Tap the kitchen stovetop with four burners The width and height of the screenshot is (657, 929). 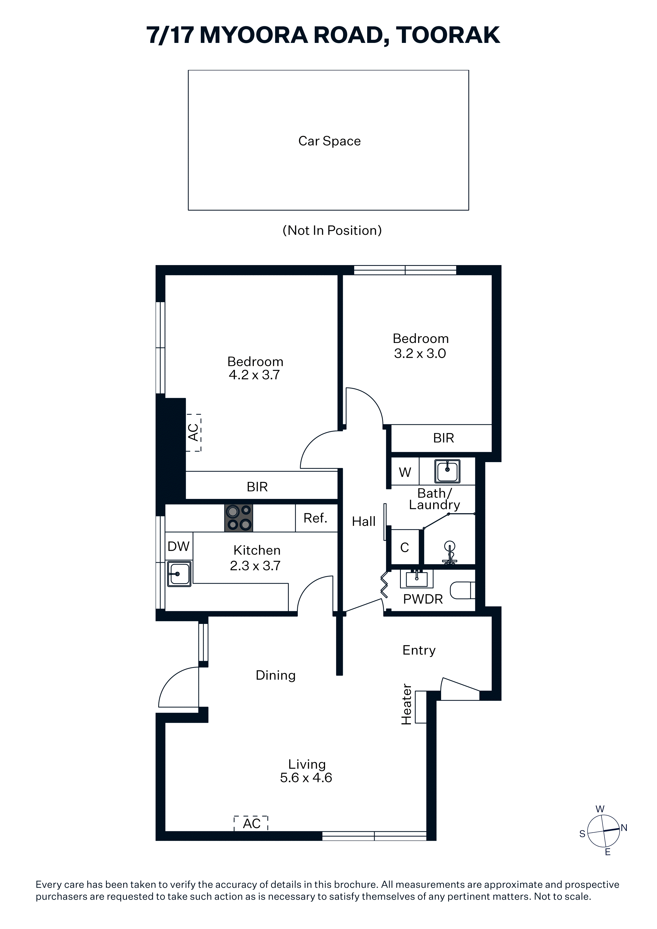(x=239, y=518)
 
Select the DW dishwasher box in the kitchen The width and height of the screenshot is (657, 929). (x=179, y=546)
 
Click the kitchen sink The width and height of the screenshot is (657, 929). (x=179, y=574)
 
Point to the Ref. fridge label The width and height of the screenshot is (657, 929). (x=315, y=518)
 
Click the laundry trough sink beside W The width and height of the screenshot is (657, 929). (x=447, y=471)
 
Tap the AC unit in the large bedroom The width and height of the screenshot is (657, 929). (x=193, y=432)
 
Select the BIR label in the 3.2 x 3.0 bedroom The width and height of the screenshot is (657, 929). (x=444, y=438)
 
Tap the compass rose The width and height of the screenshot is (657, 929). (x=603, y=831)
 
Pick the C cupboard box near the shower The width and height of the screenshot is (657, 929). (x=405, y=547)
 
